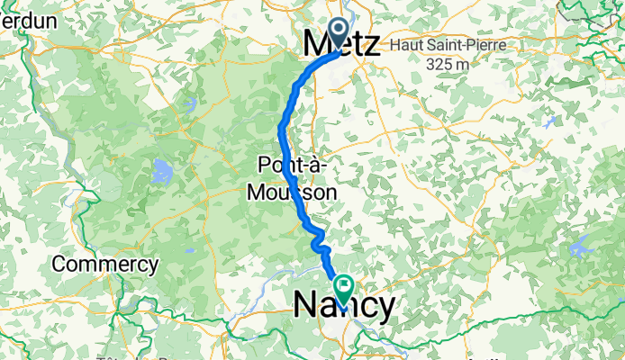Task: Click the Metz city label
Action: (x=342, y=43)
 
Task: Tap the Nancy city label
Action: (x=344, y=307)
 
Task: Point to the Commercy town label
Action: (x=105, y=265)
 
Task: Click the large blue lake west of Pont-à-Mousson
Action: (x=163, y=169)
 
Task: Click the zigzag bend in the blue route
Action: (x=320, y=241)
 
